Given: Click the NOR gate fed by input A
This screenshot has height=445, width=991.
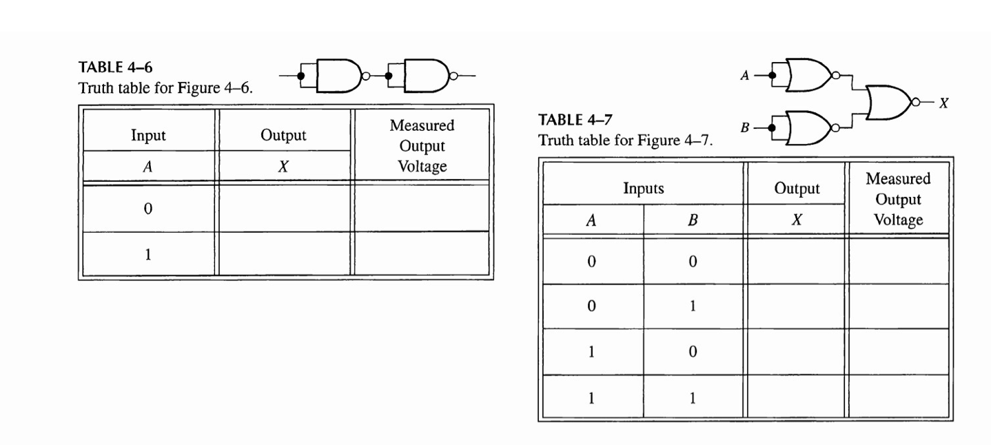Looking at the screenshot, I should click(811, 74).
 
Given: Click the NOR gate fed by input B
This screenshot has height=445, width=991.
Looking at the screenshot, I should click(811, 127).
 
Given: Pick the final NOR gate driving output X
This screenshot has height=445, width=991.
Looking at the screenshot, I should click(890, 103).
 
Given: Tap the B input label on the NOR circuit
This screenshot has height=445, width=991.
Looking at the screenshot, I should click(744, 128).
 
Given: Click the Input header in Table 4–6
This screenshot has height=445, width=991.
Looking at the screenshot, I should click(148, 136).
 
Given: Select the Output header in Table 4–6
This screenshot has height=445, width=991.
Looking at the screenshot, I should click(284, 136).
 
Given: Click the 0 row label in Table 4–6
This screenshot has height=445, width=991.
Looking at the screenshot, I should click(147, 209).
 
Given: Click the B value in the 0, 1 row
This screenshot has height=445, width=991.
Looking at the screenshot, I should click(694, 305).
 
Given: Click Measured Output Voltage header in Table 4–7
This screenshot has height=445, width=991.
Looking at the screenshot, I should click(898, 200).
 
